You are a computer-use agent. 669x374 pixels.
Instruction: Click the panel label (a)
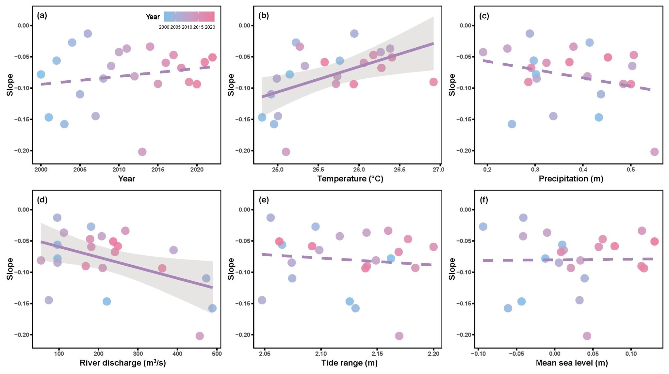42,15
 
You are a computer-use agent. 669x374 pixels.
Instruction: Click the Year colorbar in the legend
189,17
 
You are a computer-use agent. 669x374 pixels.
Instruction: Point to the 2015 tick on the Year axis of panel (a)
158,169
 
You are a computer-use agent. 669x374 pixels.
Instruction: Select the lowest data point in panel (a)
142,152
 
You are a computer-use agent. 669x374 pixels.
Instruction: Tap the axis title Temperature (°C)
350,179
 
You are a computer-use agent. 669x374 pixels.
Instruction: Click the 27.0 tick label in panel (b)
438,169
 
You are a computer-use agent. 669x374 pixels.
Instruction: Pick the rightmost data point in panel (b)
433,82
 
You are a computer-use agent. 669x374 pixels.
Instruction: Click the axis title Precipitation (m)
571,179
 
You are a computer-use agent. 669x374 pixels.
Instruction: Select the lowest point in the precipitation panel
654,152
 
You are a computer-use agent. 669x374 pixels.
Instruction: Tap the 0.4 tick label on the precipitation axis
583,169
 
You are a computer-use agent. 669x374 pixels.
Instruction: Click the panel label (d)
42,200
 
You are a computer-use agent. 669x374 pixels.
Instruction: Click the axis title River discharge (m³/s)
123,363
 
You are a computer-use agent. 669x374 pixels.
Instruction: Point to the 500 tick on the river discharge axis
217,353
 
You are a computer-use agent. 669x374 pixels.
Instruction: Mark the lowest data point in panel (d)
200,336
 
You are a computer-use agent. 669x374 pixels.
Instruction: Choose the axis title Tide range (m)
349,363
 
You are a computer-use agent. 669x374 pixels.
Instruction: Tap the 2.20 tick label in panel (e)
433,353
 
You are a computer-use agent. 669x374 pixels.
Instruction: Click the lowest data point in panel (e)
399,336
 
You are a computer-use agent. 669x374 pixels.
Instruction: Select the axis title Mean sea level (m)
572,363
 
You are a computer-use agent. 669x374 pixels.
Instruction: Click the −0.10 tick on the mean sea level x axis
478,353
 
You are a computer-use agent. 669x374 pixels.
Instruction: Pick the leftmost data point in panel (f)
483,226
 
